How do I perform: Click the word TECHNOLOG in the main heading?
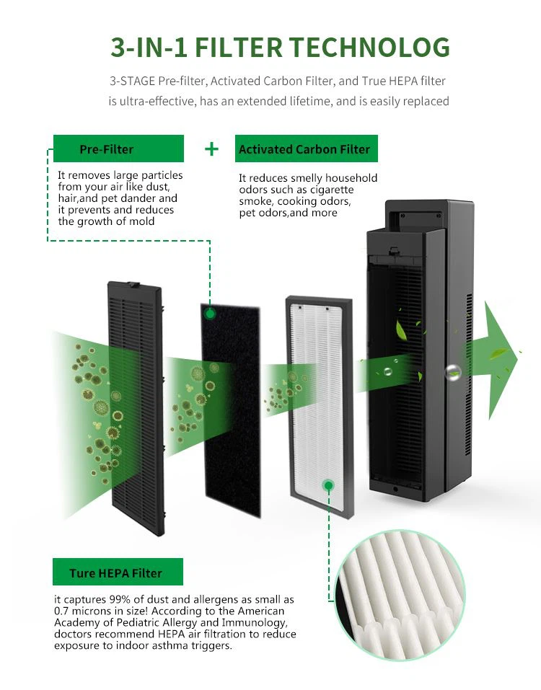(x=369, y=47)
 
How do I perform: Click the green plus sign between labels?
(x=211, y=149)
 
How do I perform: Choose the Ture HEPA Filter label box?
(x=116, y=573)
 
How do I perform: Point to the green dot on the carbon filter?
(x=210, y=314)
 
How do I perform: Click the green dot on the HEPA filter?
(x=329, y=485)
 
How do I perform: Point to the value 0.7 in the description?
(x=63, y=611)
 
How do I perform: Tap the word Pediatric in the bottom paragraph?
(x=143, y=623)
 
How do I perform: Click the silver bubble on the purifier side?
(x=453, y=372)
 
